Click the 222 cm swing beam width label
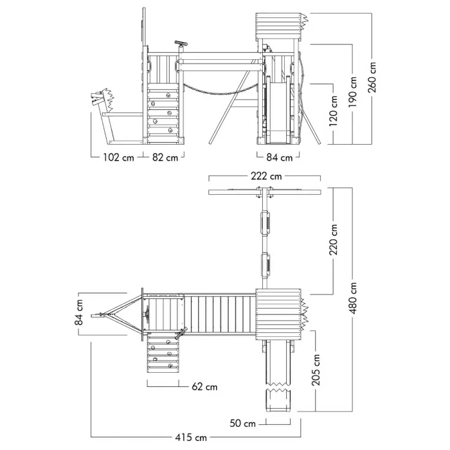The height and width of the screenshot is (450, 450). [265, 176]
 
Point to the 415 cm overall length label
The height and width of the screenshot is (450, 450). [191, 438]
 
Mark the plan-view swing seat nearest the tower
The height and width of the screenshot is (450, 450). [264, 264]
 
